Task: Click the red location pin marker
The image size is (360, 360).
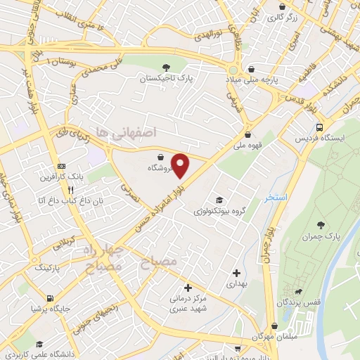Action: coord(181,166)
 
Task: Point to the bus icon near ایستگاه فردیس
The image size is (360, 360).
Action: coord(320,128)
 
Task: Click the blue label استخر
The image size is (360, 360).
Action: coord(276,199)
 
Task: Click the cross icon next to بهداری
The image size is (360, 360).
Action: coord(236,273)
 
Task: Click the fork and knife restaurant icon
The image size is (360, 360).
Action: coord(70,190)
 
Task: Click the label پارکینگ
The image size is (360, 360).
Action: coord(48,269)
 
